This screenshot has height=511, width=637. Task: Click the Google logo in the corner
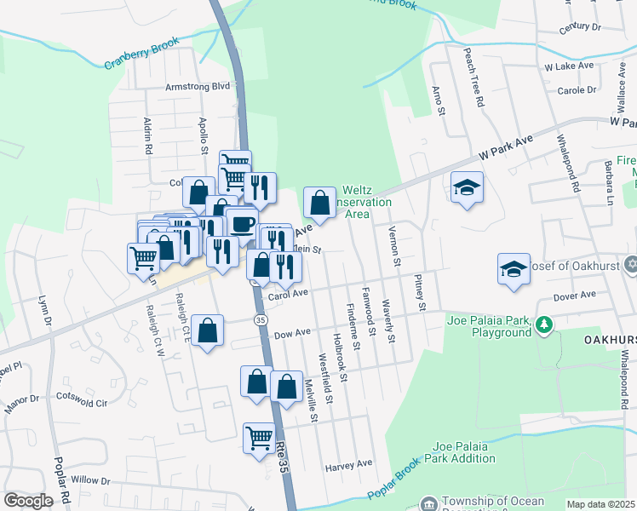pyautogui.click(x=28, y=501)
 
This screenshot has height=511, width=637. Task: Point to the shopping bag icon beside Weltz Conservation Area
pyautogui.click(x=318, y=204)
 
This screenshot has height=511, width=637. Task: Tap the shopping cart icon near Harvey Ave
pyautogui.click(x=259, y=439)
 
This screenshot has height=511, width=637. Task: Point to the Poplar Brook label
pyautogui.click(x=396, y=483)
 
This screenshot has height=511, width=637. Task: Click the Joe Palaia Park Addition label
pyautogui.click(x=463, y=452)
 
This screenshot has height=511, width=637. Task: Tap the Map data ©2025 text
pyautogui.click(x=600, y=504)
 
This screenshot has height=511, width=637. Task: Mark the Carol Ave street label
pyautogui.click(x=288, y=296)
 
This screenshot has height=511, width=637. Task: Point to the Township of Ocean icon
pyautogui.click(x=428, y=502)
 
